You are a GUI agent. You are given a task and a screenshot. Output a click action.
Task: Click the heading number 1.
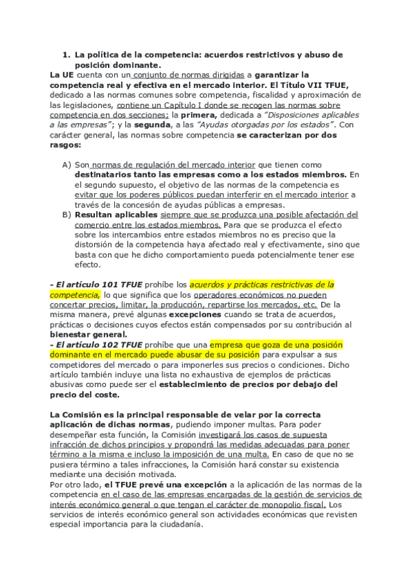click(x=66, y=54)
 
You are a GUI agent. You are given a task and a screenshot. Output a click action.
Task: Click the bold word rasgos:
click(x=66, y=146)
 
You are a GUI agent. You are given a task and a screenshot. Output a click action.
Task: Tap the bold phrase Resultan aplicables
click(x=116, y=214)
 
